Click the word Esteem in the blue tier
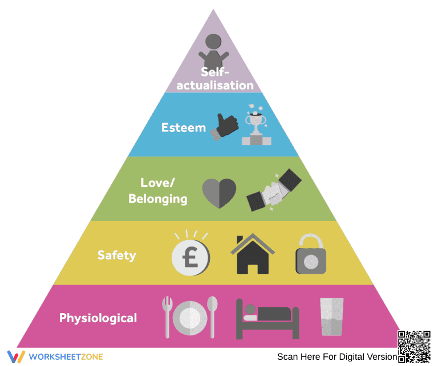[184, 128]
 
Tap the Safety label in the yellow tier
[117, 256]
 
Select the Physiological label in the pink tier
[98, 318]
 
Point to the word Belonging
[158, 199]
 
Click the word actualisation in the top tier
[215, 85]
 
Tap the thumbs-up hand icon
[224, 127]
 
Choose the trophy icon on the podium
[256, 125]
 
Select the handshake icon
[274, 190]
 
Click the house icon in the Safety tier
[253, 254]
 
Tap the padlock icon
[311, 254]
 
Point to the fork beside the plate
[167, 317]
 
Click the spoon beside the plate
[212, 317]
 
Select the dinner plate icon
[190, 318]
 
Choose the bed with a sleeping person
[267, 319]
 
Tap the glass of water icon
[331, 317]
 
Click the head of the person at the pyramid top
[213, 42]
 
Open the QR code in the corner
[414, 347]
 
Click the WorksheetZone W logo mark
[16, 357]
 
